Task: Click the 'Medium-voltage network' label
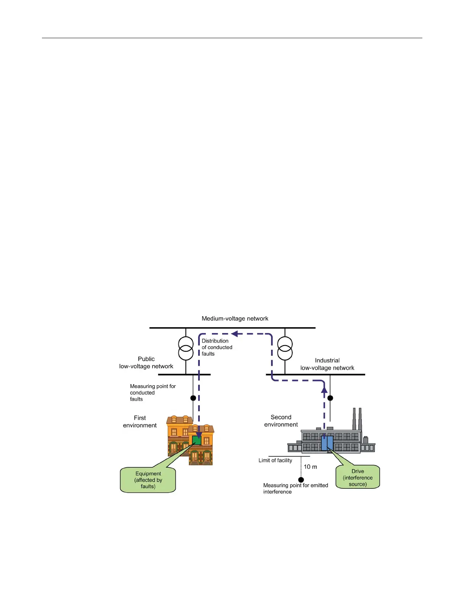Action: point(235,318)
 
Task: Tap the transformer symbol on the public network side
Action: point(186,348)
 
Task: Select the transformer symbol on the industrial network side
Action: point(285,348)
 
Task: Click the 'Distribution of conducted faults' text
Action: point(217,347)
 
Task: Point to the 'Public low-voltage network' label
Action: point(146,362)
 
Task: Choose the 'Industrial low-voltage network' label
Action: point(327,364)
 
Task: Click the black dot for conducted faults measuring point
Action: point(193,398)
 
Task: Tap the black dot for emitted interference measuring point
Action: point(301,480)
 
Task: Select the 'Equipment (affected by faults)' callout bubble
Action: point(148,480)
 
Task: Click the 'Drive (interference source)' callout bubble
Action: point(358,477)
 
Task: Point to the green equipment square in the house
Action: point(197,440)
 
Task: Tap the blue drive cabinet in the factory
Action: point(327,443)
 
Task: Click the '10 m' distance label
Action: point(310,467)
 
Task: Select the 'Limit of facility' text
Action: point(275,460)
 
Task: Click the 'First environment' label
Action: point(140,422)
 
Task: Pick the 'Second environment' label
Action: point(281,421)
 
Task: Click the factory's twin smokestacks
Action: point(357,419)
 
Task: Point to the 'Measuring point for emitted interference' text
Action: point(295,488)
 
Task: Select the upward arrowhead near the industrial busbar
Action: point(324,390)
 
